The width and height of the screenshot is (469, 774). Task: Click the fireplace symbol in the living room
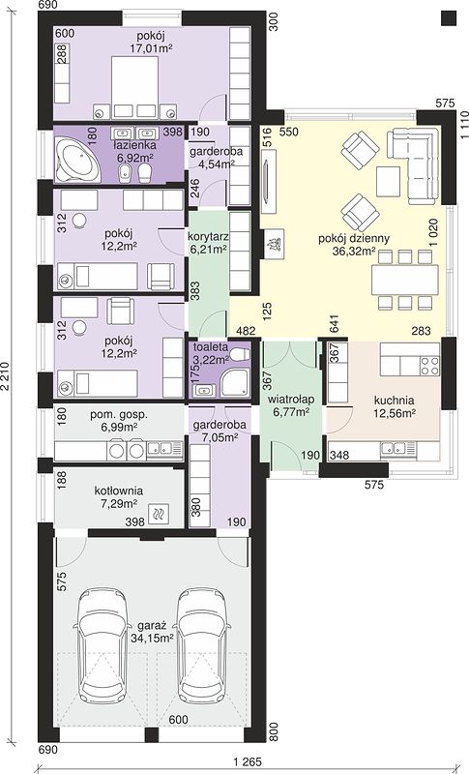pos(274,244)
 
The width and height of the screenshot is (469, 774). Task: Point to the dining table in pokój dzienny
pos(405,280)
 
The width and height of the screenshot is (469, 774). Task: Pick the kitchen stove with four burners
pos(429,366)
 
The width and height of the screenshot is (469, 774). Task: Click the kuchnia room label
pos(394,401)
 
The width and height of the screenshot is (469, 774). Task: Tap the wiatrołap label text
pos(292,399)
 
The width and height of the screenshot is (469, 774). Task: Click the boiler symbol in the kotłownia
pos(159,515)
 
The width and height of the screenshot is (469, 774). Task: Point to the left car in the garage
pos(103,645)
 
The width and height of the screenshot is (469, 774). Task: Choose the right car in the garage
pos(203,645)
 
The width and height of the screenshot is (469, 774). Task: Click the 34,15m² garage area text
pos(152,638)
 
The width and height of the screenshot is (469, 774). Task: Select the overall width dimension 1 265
pos(245,761)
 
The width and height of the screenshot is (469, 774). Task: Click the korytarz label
pos(208,235)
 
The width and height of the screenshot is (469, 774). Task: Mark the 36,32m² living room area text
pos(354,252)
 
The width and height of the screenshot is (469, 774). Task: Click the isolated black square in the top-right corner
pos(449,17)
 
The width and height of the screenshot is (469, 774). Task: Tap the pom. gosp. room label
pos(118,415)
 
